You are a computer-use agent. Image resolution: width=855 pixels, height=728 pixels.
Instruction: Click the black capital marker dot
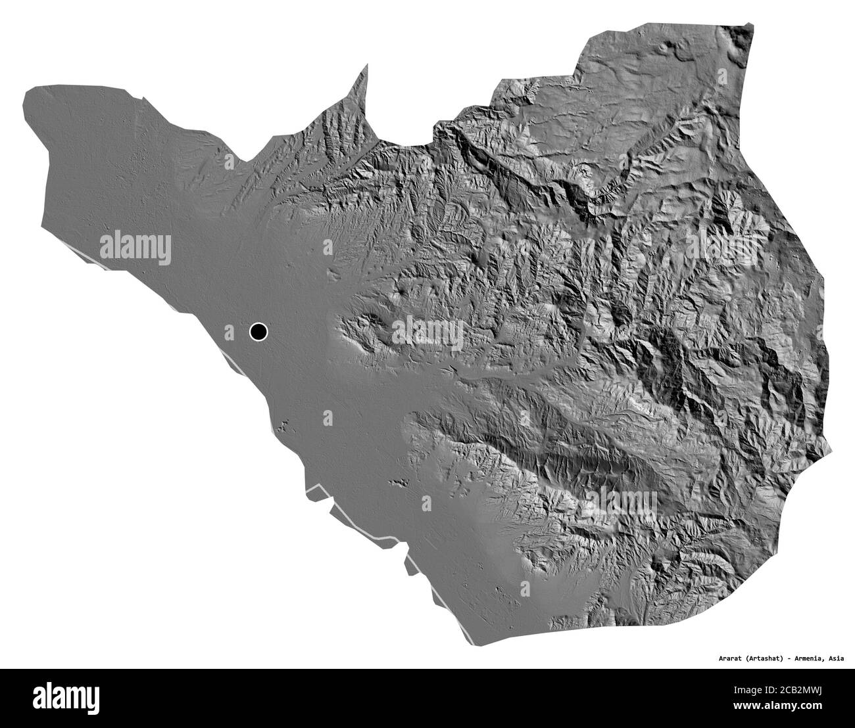tap(258, 332)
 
